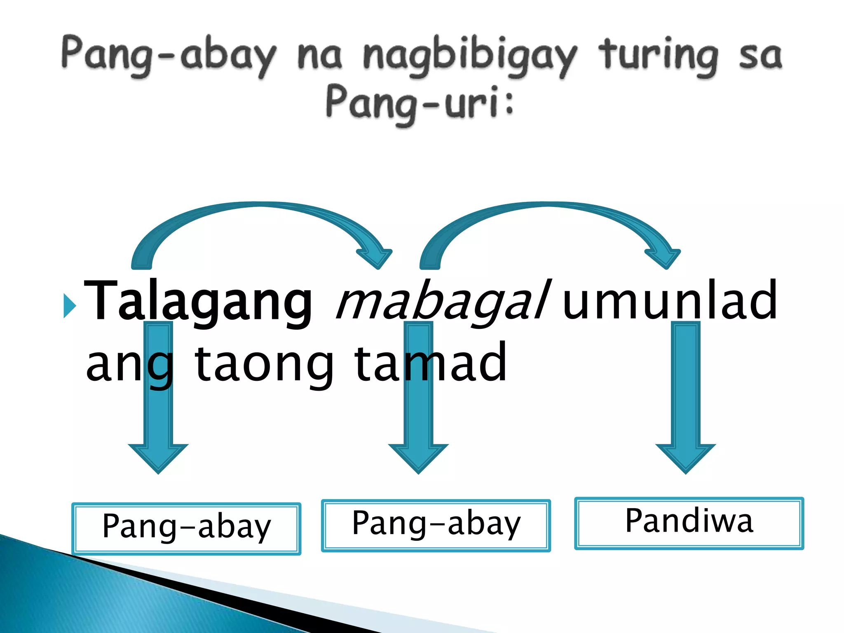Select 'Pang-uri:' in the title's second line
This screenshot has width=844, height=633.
click(x=420, y=103)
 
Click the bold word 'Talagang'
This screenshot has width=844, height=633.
click(x=198, y=301)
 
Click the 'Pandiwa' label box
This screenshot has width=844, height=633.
click(x=689, y=523)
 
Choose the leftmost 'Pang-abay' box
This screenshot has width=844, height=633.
click(x=186, y=528)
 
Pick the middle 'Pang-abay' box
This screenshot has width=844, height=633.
click(x=436, y=525)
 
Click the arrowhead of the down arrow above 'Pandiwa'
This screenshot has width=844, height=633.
click(x=686, y=457)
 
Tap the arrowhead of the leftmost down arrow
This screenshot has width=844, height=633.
click(x=158, y=457)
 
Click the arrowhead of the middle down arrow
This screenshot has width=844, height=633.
click(x=418, y=457)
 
